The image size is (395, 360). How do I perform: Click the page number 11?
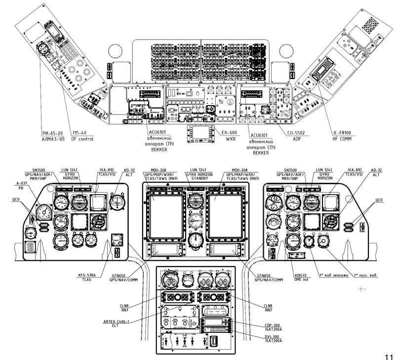point(387,355)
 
